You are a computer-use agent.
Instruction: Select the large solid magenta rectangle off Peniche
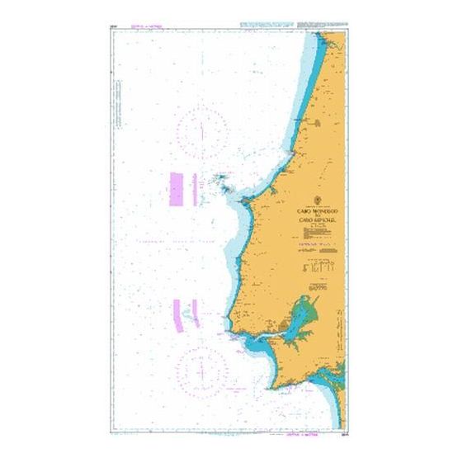[176, 189]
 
